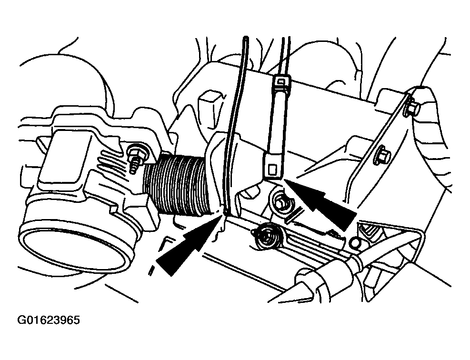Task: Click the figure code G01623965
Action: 49,320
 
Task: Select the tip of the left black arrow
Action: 222,215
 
